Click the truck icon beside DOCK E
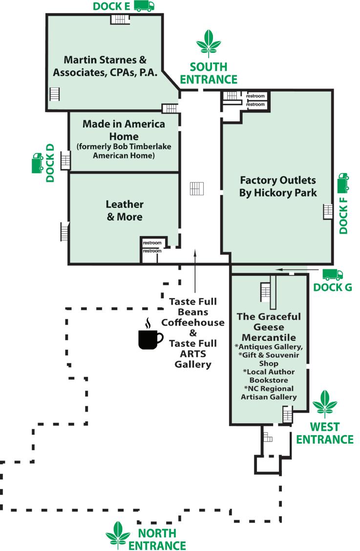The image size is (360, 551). (x=144, y=6)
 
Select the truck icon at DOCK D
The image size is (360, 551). (x=36, y=163)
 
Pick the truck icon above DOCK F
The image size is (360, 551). (x=343, y=182)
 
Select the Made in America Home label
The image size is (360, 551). (x=124, y=130)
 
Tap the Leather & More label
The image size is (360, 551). (x=125, y=210)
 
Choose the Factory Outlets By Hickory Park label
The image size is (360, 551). (x=277, y=186)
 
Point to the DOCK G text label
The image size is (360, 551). (x=332, y=287)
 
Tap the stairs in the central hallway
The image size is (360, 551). (x=197, y=188)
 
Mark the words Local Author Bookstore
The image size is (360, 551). (x=269, y=375)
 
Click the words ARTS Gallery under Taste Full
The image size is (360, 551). (x=193, y=359)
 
